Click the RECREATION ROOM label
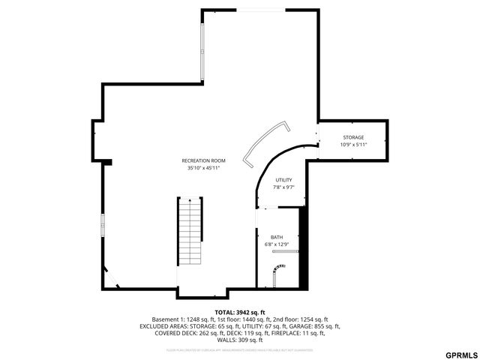pyautogui.click(x=203, y=160)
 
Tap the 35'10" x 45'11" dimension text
pyautogui.click(x=203, y=168)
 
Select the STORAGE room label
pyautogui.click(x=353, y=137)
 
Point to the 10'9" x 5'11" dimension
pyautogui.click(x=353, y=145)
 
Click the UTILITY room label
pyautogui.click(x=283, y=180)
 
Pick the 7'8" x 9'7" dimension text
pyautogui.click(x=283, y=187)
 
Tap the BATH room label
pyautogui.click(x=277, y=237)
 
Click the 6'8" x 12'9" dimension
pyautogui.click(x=277, y=244)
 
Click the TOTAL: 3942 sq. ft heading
pyautogui.click(x=240, y=312)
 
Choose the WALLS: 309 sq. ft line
pyautogui.click(x=240, y=340)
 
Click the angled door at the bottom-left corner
pyautogui.click(x=110, y=277)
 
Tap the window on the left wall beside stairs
pyautogui.click(x=103, y=225)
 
